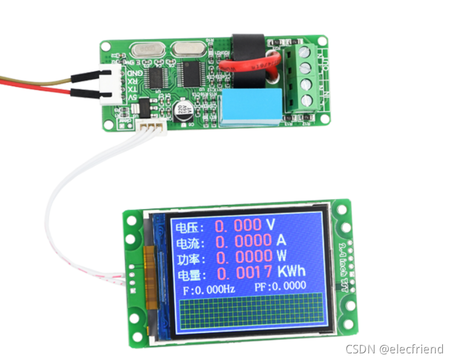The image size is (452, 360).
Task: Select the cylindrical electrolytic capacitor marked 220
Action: [x=183, y=111]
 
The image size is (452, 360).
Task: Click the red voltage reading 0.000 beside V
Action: [x=239, y=226]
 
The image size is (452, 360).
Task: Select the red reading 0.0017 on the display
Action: [x=244, y=273]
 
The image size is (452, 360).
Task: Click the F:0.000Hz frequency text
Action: [x=209, y=289]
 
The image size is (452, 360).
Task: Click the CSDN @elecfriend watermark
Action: [x=395, y=349]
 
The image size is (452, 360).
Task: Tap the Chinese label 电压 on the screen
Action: [x=185, y=229]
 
